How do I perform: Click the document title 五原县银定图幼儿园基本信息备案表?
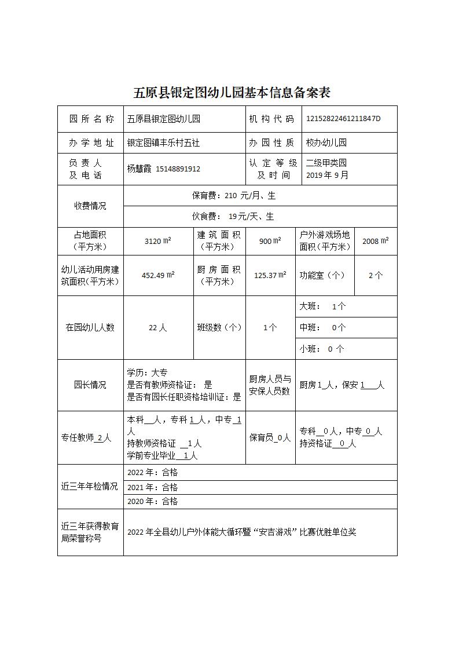232,93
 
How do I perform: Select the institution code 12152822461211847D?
343,119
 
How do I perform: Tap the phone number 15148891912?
178,169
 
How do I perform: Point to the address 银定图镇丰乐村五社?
163,143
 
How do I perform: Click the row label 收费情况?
90,206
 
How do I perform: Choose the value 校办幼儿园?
326,143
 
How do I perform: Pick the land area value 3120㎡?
157,241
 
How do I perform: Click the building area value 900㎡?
270,241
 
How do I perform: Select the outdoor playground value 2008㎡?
375,241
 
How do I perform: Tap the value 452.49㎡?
157,275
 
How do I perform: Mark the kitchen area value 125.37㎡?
270,275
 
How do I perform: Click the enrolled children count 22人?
157,327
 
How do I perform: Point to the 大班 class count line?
322,306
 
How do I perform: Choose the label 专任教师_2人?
86,438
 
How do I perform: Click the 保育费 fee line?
234,196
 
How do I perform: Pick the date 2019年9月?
328,175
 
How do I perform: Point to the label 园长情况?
90,385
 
